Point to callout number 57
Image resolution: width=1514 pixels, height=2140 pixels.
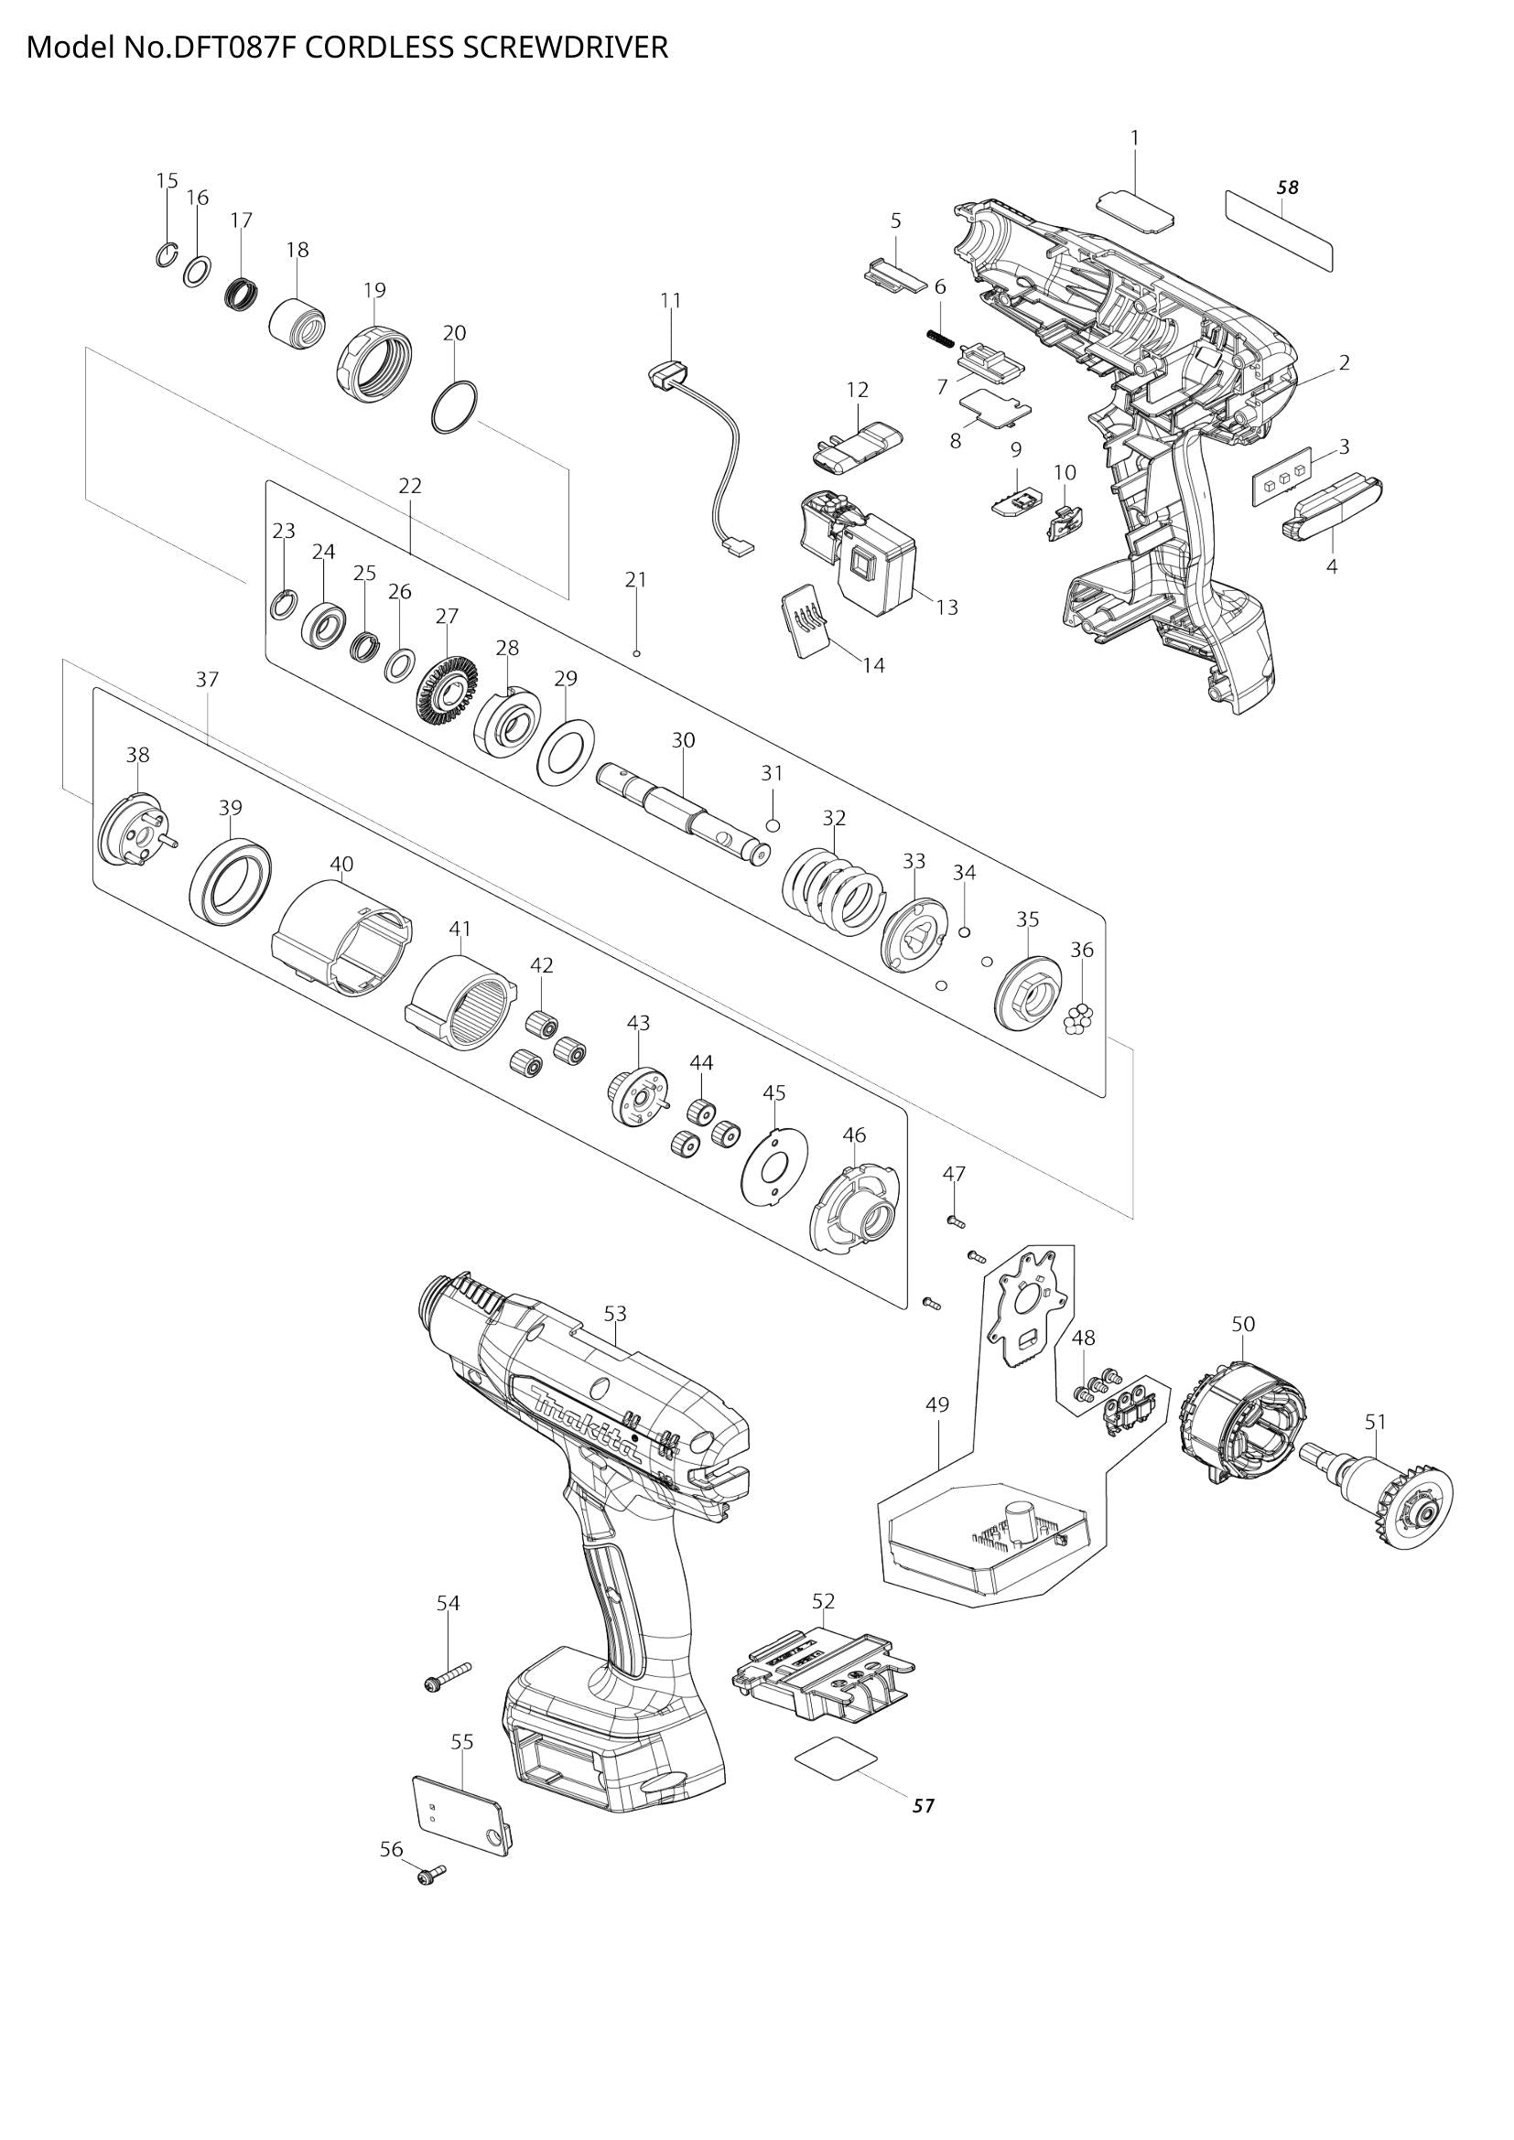[922, 1805]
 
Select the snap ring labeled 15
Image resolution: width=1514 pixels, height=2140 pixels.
[165, 254]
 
